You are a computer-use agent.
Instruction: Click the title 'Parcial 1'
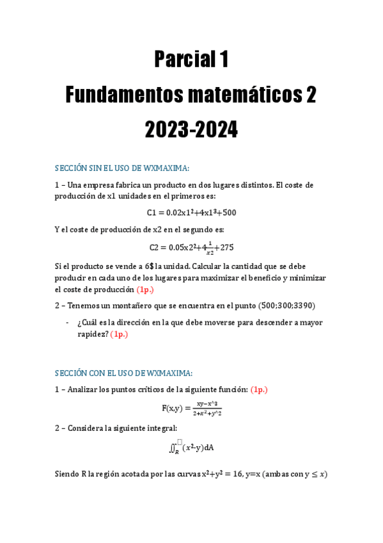(x=191, y=60)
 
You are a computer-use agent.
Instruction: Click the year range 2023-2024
(x=191, y=131)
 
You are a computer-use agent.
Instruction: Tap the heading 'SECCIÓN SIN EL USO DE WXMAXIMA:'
(x=122, y=168)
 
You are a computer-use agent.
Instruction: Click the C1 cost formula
(x=191, y=213)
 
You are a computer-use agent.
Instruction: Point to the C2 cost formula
(x=191, y=247)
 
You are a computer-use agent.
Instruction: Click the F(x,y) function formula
(x=191, y=409)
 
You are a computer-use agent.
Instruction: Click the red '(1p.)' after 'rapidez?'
(x=119, y=334)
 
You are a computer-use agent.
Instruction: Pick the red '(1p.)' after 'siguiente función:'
(x=258, y=389)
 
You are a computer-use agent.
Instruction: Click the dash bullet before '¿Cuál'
(x=68, y=322)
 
